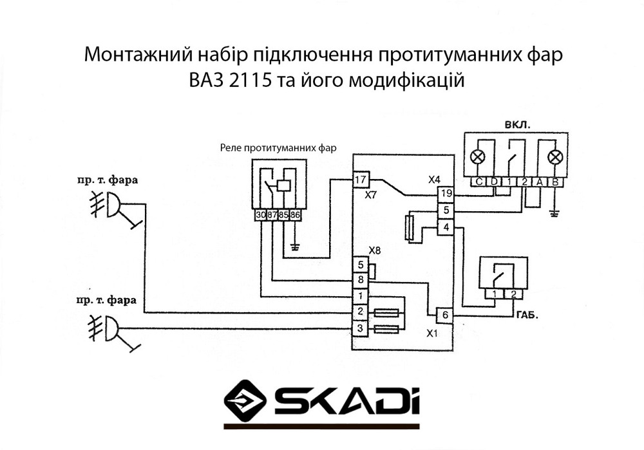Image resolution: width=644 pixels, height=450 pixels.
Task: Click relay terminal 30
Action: tap(260, 215)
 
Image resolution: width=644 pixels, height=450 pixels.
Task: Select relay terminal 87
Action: tap(272, 215)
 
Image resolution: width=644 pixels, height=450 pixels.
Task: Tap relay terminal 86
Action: tap(296, 215)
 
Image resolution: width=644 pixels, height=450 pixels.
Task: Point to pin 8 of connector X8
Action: tap(361, 279)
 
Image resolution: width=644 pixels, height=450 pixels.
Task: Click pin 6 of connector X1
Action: tap(446, 316)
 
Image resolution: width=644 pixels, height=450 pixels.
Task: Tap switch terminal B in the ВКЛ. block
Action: tap(555, 182)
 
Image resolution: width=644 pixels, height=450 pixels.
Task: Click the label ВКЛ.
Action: tap(518, 124)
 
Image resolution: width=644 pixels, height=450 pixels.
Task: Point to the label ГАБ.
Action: tap(526, 316)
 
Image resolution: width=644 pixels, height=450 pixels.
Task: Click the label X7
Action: tap(370, 194)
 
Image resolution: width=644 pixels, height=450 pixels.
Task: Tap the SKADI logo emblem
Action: tap(245, 400)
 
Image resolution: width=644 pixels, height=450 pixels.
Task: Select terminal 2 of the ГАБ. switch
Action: tap(513, 295)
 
